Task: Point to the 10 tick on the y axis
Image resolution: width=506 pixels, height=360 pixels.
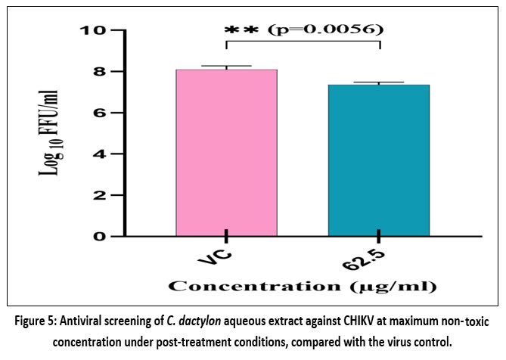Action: point(95,31)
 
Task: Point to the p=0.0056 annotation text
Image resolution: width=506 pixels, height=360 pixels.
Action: point(329,30)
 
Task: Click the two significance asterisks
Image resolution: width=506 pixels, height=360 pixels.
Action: point(242,31)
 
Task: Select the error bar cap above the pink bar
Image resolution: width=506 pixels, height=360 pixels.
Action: point(227,66)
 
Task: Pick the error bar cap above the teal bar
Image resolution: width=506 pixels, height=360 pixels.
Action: point(379,82)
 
